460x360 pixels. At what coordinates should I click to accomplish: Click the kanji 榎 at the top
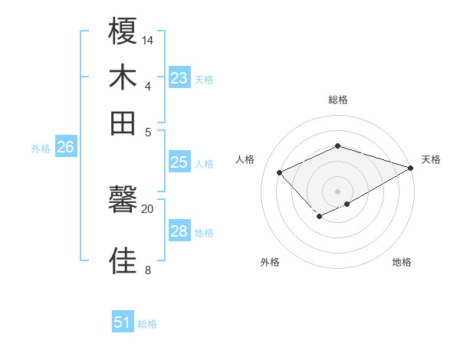click(123, 34)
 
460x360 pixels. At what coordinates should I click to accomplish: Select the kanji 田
click(123, 122)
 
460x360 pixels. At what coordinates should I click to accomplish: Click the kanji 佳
click(123, 261)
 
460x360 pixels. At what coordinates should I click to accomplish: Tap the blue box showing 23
click(179, 78)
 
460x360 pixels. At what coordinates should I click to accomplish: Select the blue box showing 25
click(179, 162)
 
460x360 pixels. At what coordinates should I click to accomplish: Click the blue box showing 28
click(179, 231)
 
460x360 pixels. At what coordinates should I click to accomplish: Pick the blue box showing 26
click(65, 148)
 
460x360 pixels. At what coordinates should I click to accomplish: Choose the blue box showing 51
click(123, 322)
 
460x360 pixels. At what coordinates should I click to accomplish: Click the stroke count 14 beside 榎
click(148, 40)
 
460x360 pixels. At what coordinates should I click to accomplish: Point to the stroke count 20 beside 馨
click(148, 208)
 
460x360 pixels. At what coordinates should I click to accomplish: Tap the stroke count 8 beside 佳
click(148, 270)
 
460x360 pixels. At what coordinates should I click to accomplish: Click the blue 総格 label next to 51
click(147, 324)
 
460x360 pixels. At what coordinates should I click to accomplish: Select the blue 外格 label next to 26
click(41, 149)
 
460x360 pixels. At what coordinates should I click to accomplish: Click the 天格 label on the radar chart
click(431, 159)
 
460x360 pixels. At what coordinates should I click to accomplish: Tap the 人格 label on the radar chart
click(245, 159)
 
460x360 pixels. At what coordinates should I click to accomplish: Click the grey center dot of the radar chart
click(338, 191)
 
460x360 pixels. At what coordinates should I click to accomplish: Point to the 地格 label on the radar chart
click(402, 262)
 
